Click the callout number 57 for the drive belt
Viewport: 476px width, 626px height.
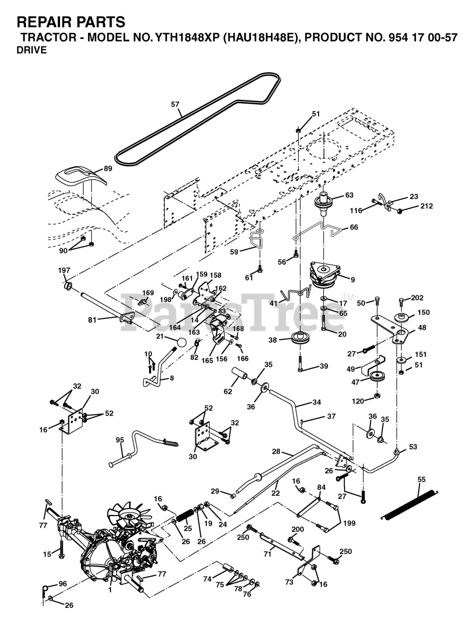175,104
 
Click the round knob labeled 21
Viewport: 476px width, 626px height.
181,342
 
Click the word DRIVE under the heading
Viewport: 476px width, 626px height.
32,50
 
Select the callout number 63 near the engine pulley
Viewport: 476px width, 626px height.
349,195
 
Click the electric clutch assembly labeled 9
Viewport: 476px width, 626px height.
325,274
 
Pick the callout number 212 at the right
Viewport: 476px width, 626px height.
427,206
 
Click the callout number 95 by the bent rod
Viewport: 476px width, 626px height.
120,440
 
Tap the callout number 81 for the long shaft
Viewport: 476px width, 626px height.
92,320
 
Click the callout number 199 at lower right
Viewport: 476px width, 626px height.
349,523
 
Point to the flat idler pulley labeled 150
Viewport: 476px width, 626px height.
402,317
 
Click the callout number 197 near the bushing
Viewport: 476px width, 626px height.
64,270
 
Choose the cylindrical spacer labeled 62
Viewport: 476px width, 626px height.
239,374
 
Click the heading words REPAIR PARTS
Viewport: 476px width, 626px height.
71,22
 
